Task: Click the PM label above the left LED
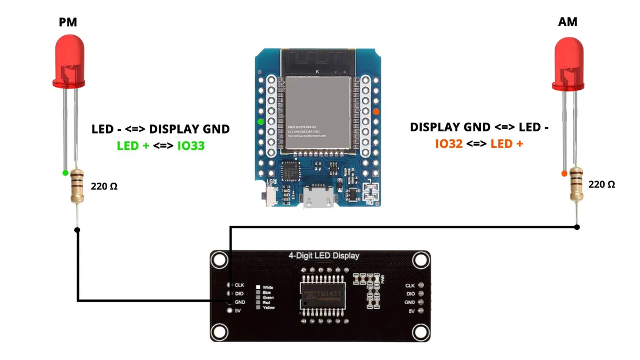coord(68,22)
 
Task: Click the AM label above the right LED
coord(567,22)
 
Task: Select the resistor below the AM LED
coord(575,183)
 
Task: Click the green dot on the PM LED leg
coord(65,172)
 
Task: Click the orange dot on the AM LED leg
coord(563,173)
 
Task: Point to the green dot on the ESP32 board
coord(261,122)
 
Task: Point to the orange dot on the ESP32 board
coord(376,111)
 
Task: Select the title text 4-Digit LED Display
coord(323,256)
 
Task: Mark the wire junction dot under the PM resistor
coord(77,230)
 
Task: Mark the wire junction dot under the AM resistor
coord(577,227)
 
